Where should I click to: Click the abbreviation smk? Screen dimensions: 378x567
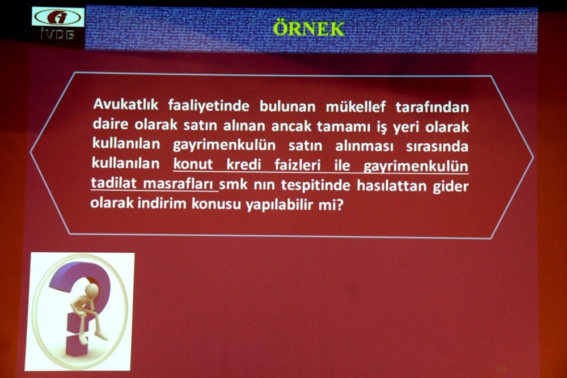click(x=234, y=185)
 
